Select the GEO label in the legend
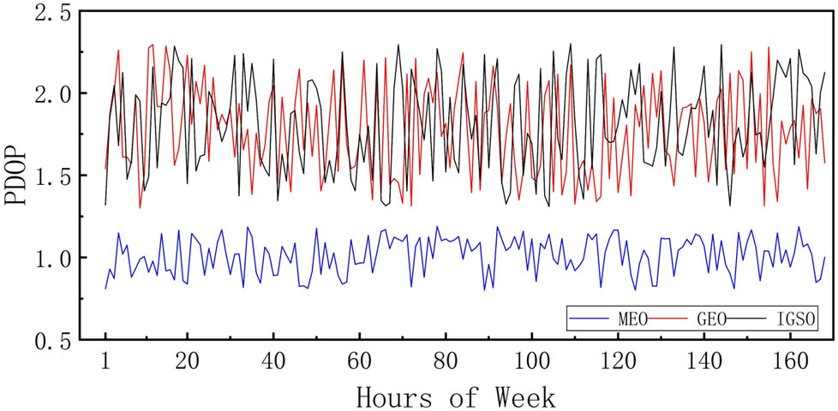[711, 319]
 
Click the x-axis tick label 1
[105, 362]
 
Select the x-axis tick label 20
[187, 362]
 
